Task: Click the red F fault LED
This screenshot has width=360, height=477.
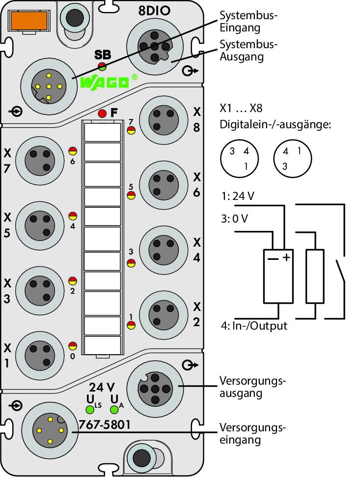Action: [102, 113]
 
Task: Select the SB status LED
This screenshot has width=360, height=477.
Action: [102, 66]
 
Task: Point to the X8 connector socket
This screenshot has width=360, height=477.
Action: [164, 120]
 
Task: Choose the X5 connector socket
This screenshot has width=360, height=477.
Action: [40, 225]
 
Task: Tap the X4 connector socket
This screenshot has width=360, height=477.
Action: [164, 250]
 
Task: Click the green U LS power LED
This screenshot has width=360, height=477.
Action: [90, 410]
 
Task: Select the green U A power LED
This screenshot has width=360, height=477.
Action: [114, 410]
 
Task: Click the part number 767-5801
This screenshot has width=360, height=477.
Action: [104, 424]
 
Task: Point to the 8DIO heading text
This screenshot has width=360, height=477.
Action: [154, 11]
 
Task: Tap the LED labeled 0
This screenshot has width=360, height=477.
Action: [72, 346]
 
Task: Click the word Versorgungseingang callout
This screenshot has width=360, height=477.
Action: [252, 433]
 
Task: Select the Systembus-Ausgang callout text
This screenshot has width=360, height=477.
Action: [249, 51]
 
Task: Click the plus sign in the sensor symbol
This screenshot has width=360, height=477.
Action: [286, 258]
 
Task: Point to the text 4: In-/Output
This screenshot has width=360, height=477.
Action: [254, 326]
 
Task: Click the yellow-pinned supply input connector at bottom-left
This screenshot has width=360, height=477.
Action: [50, 430]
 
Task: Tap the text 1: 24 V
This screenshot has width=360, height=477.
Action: [238, 196]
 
